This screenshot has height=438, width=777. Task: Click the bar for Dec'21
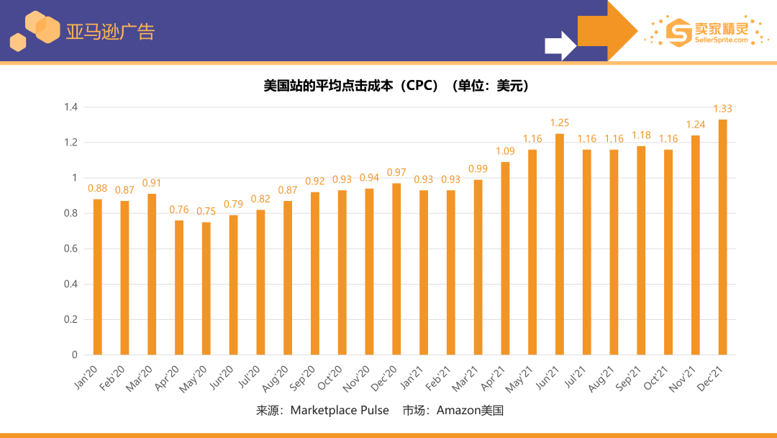pyautogui.click(x=722, y=237)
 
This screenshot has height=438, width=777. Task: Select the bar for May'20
pyautogui.click(x=206, y=288)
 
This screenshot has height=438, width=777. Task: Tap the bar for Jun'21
pyautogui.click(x=559, y=244)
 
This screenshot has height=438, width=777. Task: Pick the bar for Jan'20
pyautogui.click(x=98, y=277)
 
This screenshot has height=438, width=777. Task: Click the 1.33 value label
pyautogui.click(x=722, y=109)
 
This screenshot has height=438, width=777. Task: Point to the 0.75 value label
pyautogui.click(x=206, y=211)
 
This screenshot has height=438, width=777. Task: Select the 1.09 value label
pyautogui.click(x=505, y=151)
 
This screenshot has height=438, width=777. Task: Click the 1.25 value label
pyautogui.click(x=559, y=123)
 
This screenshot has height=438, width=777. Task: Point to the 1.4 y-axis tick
pyautogui.click(x=71, y=107)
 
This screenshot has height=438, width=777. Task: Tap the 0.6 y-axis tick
pyautogui.click(x=71, y=249)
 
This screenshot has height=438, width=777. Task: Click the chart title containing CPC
pyautogui.click(x=396, y=86)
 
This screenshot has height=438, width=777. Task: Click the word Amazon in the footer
pyautogui.click(x=460, y=411)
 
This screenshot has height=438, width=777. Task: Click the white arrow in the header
pyautogui.click(x=560, y=45)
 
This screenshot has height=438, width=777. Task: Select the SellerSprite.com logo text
pyautogui.click(x=711, y=40)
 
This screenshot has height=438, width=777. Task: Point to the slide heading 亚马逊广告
pyautogui.click(x=110, y=32)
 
